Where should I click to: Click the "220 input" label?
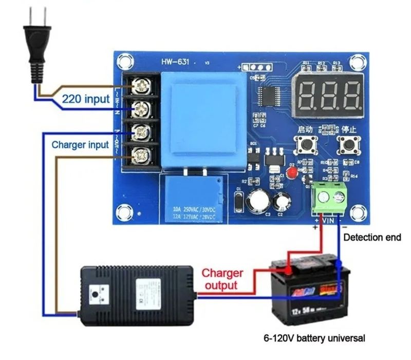pyautogui.click(x=86, y=98)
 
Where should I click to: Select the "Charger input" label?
pyautogui.click(x=80, y=145)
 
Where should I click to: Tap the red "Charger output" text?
pyautogui.click(x=222, y=279)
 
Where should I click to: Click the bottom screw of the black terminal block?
pyautogui.click(x=139, y=153)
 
